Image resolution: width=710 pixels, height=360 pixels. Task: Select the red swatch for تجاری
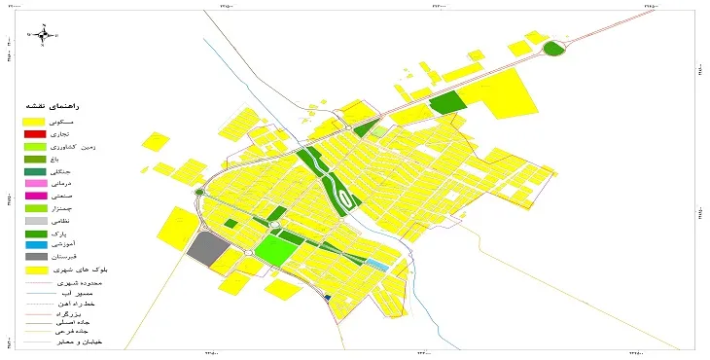coord(35,132)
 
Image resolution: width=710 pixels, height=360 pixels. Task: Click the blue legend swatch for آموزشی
coord(35,244)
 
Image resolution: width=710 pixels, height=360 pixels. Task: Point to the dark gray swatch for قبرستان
coord(35,257)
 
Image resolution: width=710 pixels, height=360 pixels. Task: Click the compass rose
coord(42,37)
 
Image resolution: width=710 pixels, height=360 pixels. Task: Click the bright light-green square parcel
coord(274,248)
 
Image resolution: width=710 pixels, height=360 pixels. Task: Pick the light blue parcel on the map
coord(375,264)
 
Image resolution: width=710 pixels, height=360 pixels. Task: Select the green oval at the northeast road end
coord(553,48)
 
